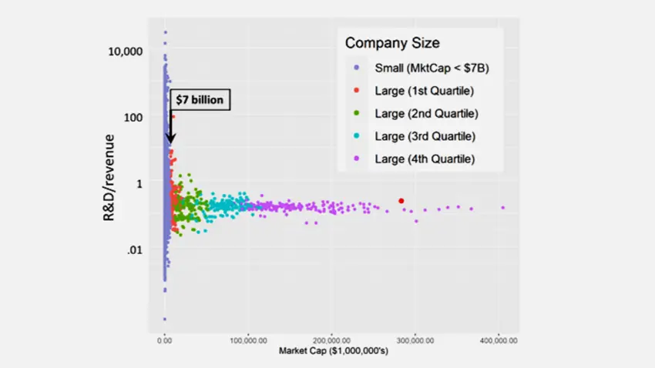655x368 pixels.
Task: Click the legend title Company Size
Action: pos(392,43)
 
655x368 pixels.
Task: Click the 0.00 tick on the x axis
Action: pos(164,339)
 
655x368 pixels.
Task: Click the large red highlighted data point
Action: pos(401,201)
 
